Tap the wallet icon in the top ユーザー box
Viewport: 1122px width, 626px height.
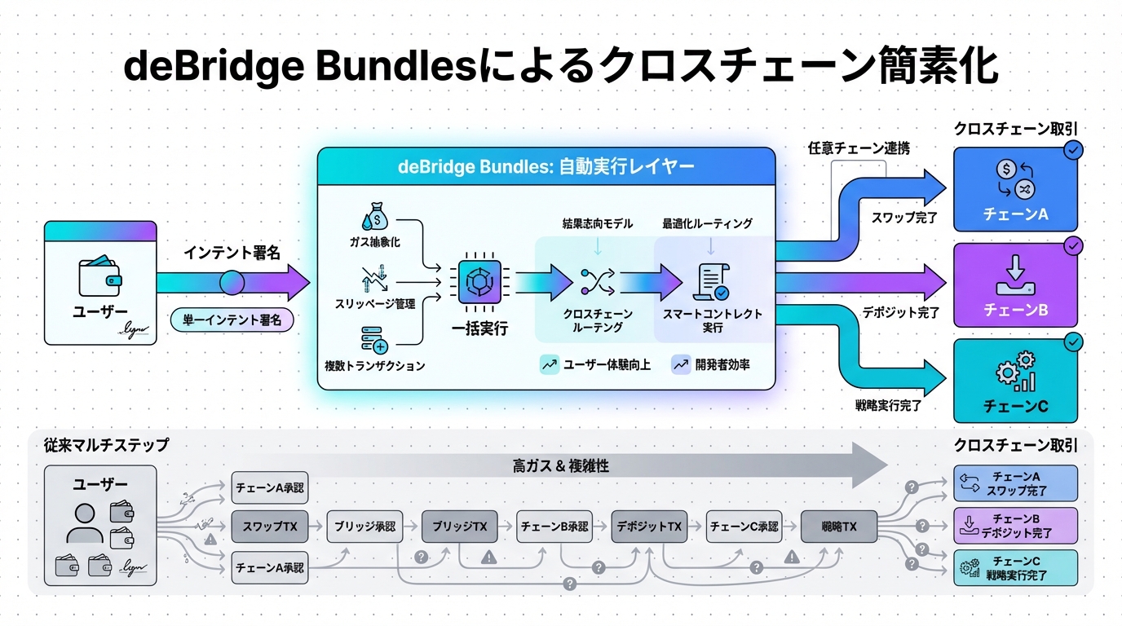[x=99, y=277]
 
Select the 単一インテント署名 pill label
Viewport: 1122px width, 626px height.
[x=232, y=320]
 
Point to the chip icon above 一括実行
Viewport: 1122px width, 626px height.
[x=473, y=282]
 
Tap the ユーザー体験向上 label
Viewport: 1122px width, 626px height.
[x=596, y=365]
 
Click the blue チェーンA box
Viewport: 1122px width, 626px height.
[x=1015, y=189]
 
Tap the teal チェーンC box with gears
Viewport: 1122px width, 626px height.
[x=1015, y=380]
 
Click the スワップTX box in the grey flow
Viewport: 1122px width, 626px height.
[x=270, y=527]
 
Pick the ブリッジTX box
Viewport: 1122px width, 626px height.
[x=460, y=527]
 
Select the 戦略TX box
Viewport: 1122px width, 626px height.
[x=840, y=527]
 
